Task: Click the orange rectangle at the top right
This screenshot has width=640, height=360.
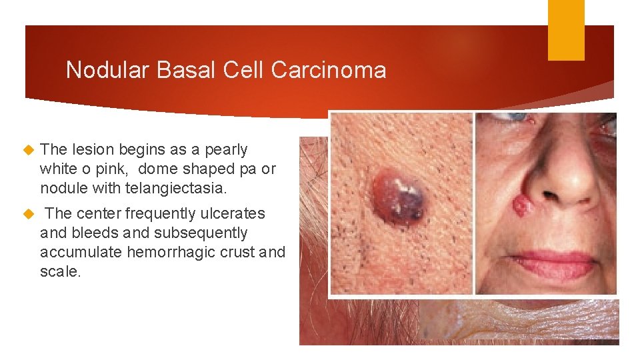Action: click(566, 29)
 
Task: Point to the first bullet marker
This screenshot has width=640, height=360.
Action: click(28, 150)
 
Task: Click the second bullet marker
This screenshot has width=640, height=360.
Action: click(28, 214)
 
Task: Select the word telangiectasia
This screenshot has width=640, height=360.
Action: click(176, 189)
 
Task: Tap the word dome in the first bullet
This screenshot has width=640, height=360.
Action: click(157, 169)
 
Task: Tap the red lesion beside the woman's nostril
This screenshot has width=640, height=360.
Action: click(522, 205)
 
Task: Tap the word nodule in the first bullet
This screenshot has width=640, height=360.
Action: click(60, 189)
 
